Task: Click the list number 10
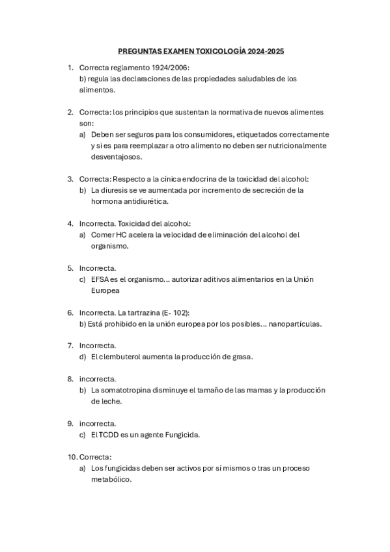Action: [x=72, y=457]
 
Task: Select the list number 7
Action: [x=70, y=346]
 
